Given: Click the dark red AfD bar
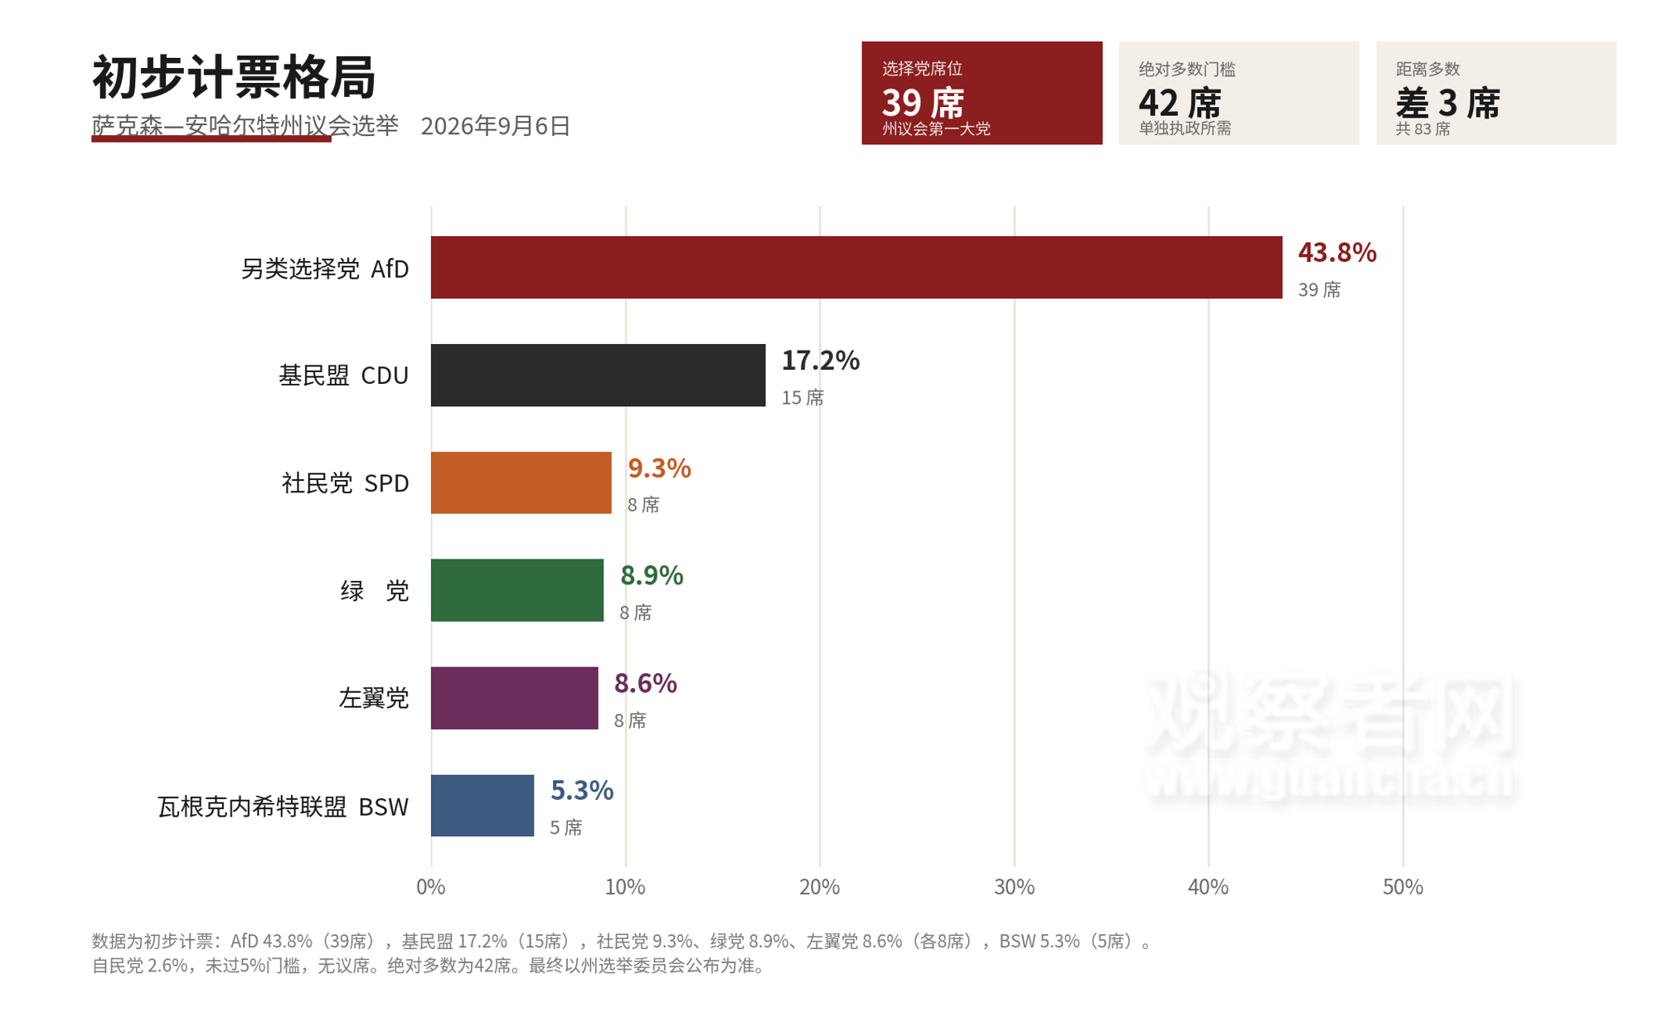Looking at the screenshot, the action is point(856,267).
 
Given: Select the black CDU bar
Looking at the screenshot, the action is point(598,375).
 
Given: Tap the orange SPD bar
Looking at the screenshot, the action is point(521,482).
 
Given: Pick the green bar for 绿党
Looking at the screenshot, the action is point(517,590).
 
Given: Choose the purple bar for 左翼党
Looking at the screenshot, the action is point(514,698).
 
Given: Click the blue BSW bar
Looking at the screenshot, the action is point(482,806).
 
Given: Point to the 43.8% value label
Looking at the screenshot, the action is point(1337,252).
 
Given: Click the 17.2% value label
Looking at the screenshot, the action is point(821,360).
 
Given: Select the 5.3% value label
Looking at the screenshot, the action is point(582,790).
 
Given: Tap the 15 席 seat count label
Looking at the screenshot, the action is point(802,398).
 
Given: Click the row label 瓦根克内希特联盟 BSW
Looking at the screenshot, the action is point(284,807).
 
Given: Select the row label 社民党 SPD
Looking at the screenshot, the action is point(346,483).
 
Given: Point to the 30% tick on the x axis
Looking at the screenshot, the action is point(1014,887).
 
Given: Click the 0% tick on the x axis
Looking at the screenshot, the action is point(431,887).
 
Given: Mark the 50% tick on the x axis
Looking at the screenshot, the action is point(1403,887).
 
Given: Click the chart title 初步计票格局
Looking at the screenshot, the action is point(234,77).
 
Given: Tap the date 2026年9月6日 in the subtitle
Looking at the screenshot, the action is point(496,126).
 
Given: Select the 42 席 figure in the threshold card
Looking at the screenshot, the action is point(1180,104).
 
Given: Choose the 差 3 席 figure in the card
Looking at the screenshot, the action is point(1448,104).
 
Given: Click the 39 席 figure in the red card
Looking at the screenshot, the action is point(924,104).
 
